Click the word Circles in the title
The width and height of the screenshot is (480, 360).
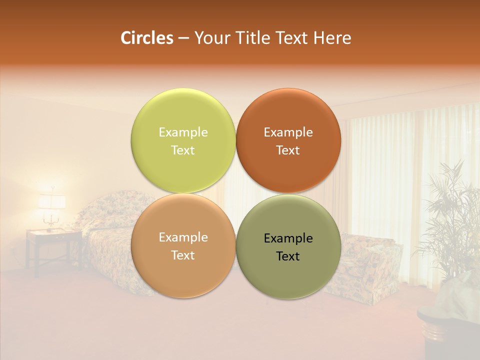click(146, 38)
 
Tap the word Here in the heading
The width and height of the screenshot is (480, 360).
click(332, 38)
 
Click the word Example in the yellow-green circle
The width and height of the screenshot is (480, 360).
click(183, 132)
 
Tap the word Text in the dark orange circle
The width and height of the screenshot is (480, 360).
click(288, 150)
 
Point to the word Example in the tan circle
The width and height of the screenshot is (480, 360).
click(183, 237)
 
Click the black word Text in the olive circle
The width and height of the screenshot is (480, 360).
click(288, 256)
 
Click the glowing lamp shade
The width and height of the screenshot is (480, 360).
click(51, 201)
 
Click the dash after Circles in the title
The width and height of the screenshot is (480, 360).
click(183, 38)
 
